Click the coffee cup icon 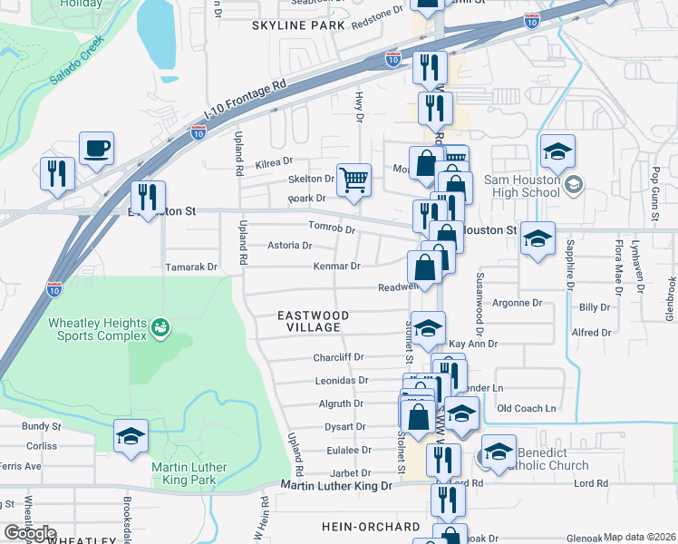[x=96, y=149]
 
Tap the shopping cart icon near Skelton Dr [x=354, y=178]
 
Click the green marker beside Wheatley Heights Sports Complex [x=160, y=325]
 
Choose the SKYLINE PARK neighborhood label [x=299, y=25]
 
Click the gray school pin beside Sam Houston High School [x=573, y=185]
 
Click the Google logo [x=30, y=533]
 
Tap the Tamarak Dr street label [x=191, y=267]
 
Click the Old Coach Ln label [x=527, y=409]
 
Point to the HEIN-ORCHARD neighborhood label [x=371, y=526]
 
